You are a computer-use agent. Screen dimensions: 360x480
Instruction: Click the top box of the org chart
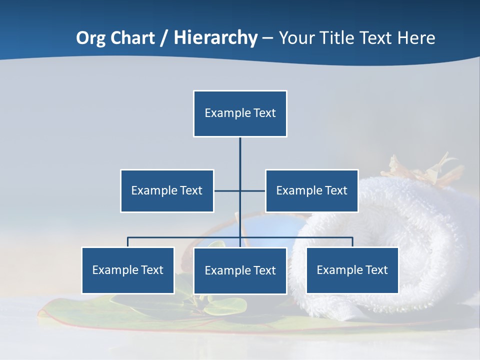[240, 113]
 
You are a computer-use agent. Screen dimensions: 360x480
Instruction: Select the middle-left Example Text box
[167, 190]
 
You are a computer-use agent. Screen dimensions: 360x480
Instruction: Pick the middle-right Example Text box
[311, 190]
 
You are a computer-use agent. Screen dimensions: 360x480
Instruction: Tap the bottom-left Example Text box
[128, 270]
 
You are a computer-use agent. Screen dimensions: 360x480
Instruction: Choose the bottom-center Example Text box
[240, 270]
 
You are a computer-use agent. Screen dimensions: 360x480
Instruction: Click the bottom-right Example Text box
[352, 270]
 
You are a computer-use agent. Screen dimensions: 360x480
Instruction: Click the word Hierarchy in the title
[215, 38]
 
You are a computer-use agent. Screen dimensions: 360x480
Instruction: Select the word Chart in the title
[131, 38]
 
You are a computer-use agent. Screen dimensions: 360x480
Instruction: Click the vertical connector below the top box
[240, 155]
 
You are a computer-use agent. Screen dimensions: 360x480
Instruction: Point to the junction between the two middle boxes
[240, 190]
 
